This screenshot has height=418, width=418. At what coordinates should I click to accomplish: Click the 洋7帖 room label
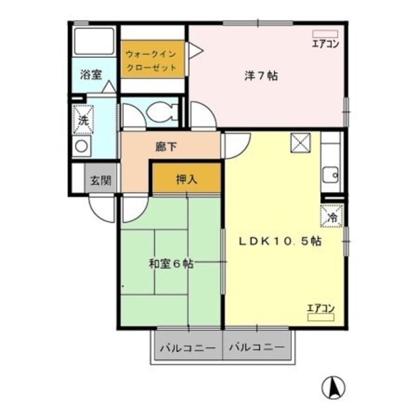tap(261, 76)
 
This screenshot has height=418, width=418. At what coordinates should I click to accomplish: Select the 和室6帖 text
tap(170, 264)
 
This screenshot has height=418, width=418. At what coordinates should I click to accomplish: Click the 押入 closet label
tap(186, 178)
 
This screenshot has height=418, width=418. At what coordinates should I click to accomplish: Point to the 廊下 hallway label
tap(166, 147)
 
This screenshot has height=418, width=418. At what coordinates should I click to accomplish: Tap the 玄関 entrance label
tap(100, 180)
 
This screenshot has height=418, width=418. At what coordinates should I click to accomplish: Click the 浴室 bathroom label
tap(91, 74)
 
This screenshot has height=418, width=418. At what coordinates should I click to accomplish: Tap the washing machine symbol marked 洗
tap(83, 120)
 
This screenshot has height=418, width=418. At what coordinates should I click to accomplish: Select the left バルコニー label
tap(187, 348)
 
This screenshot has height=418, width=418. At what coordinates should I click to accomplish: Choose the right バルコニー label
tap(257, 348)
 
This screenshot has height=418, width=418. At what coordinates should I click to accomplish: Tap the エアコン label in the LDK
tap(321, 308)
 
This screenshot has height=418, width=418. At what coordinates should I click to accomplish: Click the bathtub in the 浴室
tap(94, 41)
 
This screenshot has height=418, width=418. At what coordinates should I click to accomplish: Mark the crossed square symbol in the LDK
tap(302, 143)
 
